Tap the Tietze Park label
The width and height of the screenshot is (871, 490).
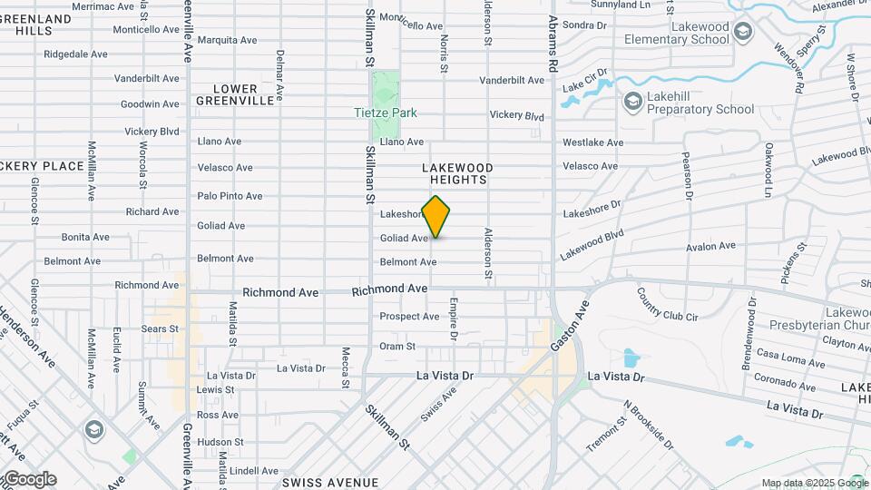[386, 113]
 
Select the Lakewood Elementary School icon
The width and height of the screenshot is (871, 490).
[743, 33]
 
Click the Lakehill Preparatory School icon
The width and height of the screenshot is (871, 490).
[632, 102]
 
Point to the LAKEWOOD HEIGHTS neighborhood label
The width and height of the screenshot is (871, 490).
[457, 174]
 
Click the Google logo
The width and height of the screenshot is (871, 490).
[29, 478]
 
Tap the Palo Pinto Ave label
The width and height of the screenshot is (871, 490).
[230, 196]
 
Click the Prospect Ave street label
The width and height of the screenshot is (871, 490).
[409, 317]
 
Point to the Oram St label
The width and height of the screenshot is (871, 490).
[397, 347]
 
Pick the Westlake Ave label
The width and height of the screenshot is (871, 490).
[592, 142]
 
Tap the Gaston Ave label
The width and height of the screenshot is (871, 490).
[570, 324]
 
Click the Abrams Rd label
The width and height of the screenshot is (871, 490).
[552, 44]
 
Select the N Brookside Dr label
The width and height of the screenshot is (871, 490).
[649, 426]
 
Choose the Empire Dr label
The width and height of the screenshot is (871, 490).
[453, 318]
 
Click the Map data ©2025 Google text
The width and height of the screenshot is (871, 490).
[814, 483]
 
